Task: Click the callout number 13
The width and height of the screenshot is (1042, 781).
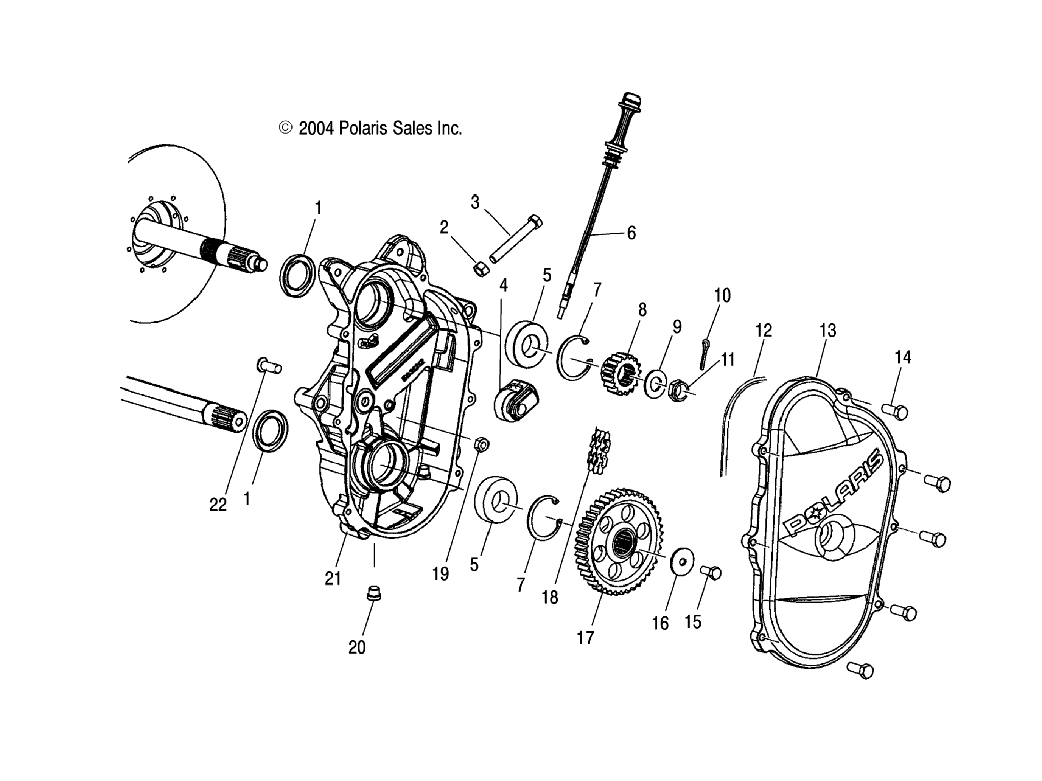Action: point(828,331)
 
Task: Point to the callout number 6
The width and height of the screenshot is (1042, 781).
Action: point(631,233)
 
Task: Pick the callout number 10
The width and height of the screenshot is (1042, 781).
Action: point(722,296)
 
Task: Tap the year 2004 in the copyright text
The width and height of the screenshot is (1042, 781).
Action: point(316,128)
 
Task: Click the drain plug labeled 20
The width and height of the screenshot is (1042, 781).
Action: point(373,594)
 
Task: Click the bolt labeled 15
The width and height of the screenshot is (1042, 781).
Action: point(711,573)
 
